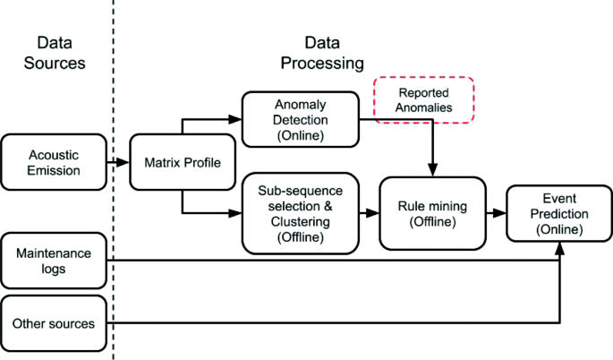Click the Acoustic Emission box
coord(54,162)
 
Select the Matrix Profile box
coord(183,162)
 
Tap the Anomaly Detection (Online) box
coord(301,119)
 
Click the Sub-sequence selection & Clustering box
coord(301,213)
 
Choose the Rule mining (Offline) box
coord(432,213)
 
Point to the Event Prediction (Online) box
coord(559,213)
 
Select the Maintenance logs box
coord(54,261)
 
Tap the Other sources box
coord(54,323)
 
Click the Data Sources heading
coord(55,53)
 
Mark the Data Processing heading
coord(322,53)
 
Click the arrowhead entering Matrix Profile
coord(123,162)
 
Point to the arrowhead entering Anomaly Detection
coord(235,119)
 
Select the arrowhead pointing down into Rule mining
coord(432,170)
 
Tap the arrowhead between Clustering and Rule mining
coord(372,213)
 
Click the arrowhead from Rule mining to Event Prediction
coord(499,213)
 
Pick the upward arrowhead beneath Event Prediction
coord(560,248)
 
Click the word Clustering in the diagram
coord(301,221)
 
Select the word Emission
coord(54,170)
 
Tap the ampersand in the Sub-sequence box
coord(328,206)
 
